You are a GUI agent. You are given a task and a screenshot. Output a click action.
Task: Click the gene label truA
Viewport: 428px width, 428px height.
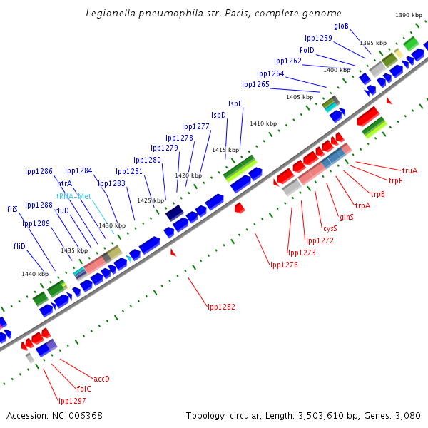coord(409,170)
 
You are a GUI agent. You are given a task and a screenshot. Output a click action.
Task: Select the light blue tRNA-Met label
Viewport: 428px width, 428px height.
coord(74,196)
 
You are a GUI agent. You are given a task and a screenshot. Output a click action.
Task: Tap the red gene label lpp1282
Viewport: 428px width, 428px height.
coord(221,307)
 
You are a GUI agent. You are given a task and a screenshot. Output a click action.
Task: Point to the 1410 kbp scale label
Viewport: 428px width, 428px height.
coord(263,123)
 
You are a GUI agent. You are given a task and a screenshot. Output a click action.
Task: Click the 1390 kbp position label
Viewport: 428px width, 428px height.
coord(409,15)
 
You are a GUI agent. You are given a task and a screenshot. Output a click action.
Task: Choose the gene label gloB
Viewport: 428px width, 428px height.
coord(341,26)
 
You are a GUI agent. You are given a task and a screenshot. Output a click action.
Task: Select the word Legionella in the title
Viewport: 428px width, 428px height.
coord(111,14)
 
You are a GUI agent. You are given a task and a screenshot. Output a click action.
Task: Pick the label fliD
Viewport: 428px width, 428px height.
coord(19,246)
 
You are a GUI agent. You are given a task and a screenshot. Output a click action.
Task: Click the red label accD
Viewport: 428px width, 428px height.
coord(102,379)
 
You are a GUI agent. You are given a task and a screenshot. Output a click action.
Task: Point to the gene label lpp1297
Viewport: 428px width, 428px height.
coord(72,401)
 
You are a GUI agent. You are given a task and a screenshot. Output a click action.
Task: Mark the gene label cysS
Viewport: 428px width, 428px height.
coord(330,229)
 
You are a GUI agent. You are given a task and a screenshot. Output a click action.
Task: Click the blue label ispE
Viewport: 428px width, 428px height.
coord(235,103)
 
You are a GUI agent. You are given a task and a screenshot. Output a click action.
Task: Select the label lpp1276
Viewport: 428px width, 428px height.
coord(284,265)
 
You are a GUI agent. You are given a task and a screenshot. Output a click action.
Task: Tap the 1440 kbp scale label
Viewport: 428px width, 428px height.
coord(34,274)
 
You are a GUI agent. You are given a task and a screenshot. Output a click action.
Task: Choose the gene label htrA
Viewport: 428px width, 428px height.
coord(65,183)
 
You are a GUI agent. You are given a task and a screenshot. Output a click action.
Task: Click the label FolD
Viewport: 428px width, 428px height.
coord(307,51)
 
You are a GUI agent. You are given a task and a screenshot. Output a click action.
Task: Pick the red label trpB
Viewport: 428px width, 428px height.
coord(377,194)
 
